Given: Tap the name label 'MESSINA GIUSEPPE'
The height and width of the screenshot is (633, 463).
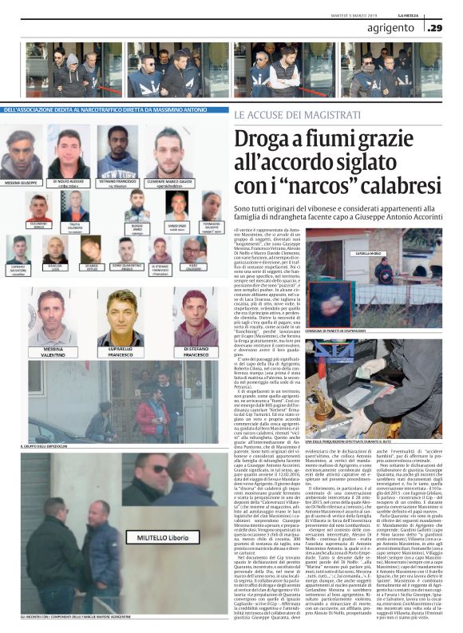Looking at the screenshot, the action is [22, 182].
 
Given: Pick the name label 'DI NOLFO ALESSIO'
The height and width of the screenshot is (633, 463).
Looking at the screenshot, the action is [69, 182].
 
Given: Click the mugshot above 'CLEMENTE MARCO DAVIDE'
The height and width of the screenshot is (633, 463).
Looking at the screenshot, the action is [169, 148].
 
